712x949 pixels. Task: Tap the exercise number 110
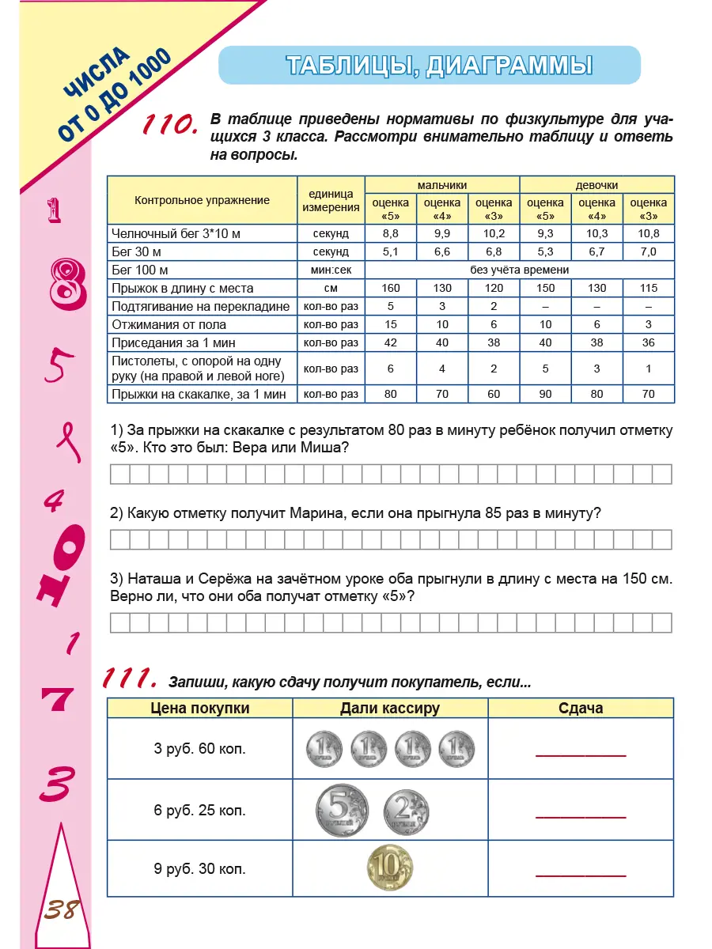(x=168, y=125)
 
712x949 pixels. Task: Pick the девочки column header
(x=596, y=184)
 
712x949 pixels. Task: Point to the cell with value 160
(x=391, y=289)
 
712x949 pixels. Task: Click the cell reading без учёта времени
(x=519, y=270)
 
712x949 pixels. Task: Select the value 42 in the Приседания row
(x=391, y=342)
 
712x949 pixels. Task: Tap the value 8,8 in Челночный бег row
(x=391, y=233)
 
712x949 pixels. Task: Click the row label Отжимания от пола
(x=169, y=324)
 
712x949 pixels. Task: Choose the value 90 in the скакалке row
(x=545, y=394)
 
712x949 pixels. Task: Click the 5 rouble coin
(x=341, y=811)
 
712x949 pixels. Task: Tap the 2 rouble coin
(x=407, y=811)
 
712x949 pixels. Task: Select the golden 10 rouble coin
(x=389, y=868)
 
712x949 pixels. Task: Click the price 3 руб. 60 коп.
(x=199, y=748)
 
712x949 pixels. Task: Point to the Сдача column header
(x=581, y=708)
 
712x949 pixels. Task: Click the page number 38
(x=60, y=909)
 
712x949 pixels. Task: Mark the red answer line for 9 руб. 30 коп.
(x=581, y=875)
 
